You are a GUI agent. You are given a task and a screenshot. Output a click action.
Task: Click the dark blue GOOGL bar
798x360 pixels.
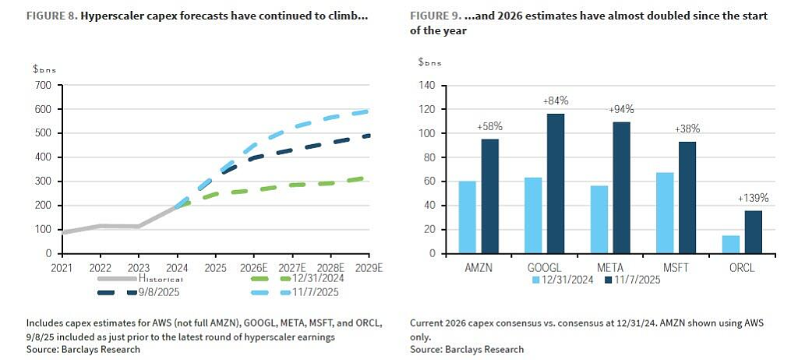(556, 183)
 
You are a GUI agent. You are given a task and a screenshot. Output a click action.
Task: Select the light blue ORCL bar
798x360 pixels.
(731, 245)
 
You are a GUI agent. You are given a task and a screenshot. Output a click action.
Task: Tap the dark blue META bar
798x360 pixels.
(621, 187)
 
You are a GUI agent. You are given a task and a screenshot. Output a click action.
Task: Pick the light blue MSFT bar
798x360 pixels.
(666, 213)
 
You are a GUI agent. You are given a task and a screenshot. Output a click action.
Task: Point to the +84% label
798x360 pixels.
(556, 101)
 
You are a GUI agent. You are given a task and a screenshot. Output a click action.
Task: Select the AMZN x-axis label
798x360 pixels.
(478, 268)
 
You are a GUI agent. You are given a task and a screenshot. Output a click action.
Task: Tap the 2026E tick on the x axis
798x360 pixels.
(254, 267)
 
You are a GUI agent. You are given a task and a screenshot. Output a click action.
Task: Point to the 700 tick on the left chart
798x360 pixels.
(44, 85)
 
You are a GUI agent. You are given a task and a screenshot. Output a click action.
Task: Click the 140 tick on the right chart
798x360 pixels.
(426, 85)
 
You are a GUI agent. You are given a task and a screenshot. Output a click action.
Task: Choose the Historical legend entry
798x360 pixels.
(139, 278)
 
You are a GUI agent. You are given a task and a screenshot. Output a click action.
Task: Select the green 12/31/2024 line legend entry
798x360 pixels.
(297, 278)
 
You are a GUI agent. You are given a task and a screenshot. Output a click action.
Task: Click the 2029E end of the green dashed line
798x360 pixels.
(363, 178)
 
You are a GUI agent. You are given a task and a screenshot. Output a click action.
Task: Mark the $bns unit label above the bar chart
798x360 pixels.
(430, 62)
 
